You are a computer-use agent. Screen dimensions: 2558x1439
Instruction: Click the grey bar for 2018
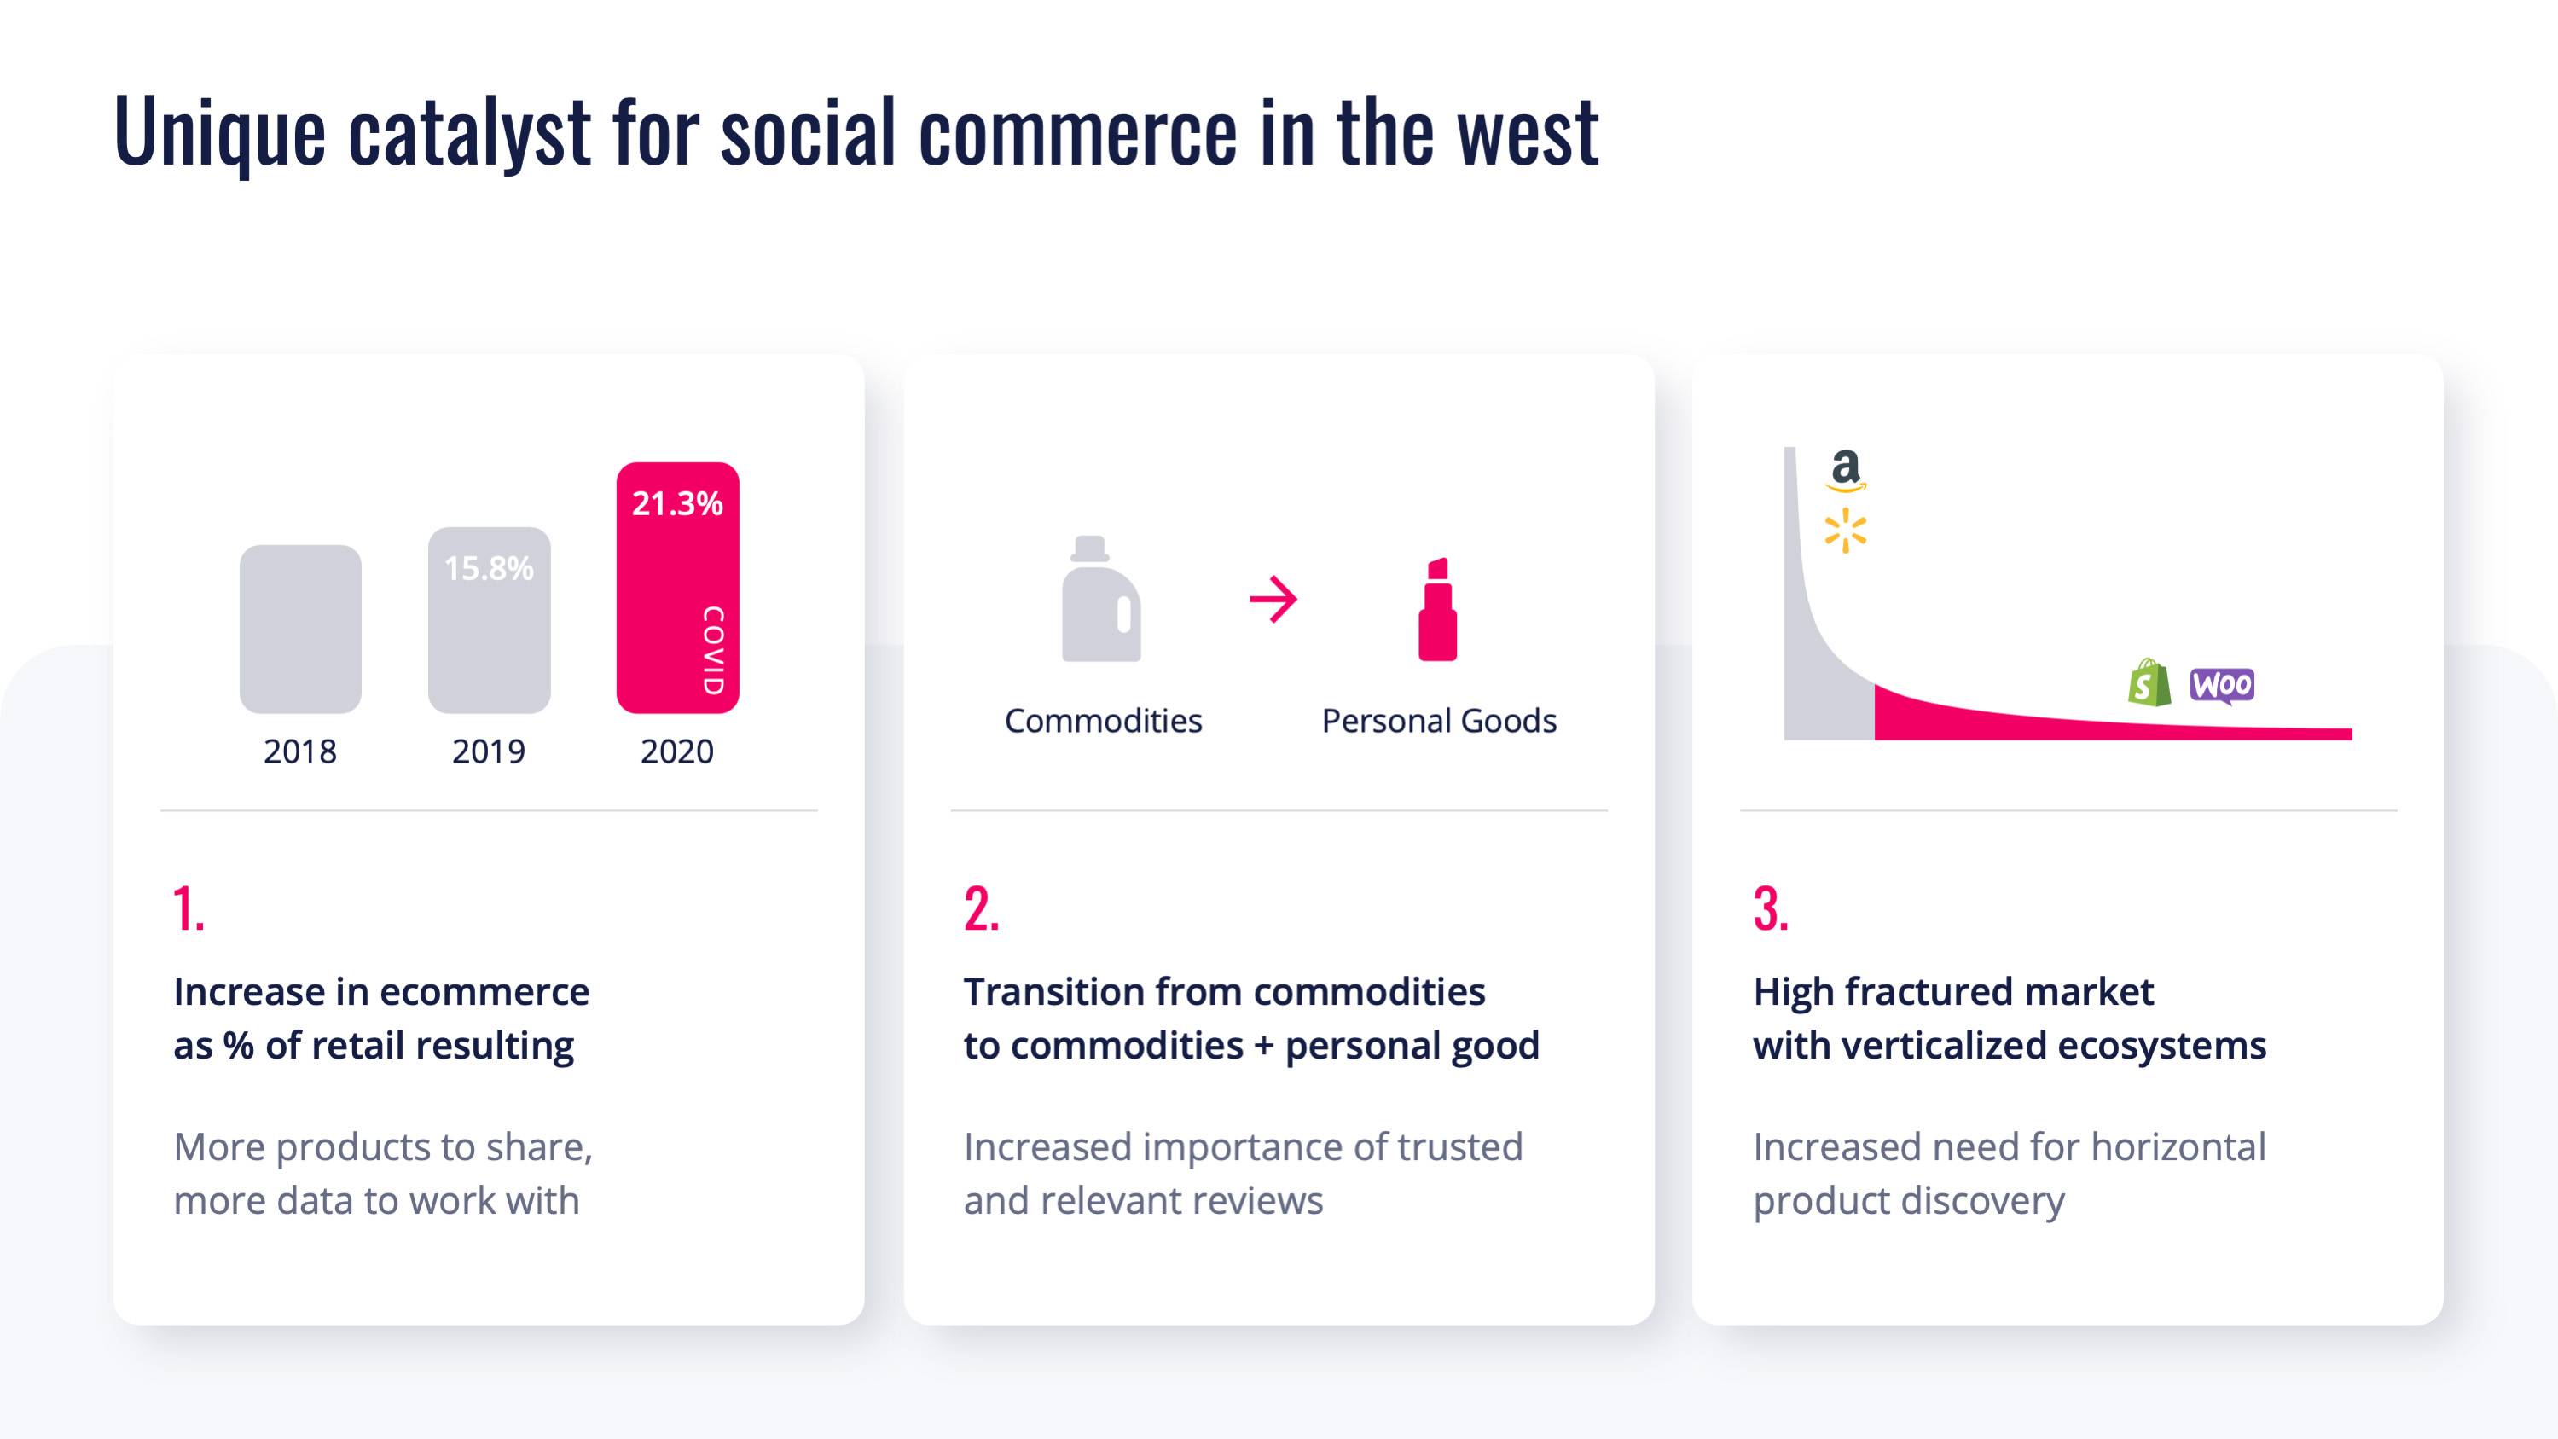coord(300,629)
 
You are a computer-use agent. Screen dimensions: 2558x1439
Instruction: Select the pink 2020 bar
coord(677,587)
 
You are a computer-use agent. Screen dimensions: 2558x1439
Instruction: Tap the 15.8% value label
coord(489,568)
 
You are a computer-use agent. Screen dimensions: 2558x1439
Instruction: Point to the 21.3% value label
coord(677,503)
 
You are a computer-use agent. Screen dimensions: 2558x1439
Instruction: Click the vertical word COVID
coord(713,651)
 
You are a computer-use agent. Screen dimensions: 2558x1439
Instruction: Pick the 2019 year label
coord(489,751)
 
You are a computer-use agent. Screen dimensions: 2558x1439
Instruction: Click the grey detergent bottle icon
coord(1101,599)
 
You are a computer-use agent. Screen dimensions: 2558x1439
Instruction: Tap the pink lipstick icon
coord(1437,609)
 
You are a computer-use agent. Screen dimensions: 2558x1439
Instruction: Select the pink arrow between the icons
coord(1273,599)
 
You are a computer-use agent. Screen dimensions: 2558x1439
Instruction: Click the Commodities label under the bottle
coord(1103,721)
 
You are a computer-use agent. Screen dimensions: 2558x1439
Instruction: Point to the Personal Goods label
coord(1439,721)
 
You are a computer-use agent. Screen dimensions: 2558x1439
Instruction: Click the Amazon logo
coord(1846,471)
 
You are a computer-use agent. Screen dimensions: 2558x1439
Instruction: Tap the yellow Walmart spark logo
coord(1845,531)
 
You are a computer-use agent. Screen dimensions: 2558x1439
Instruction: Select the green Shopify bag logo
coord(2149,682)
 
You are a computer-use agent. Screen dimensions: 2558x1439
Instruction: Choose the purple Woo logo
coord(2222,685)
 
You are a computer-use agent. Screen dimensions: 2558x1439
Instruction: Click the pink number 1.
coord(189,908)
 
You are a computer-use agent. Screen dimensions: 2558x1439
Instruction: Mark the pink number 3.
coord(1771,908)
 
